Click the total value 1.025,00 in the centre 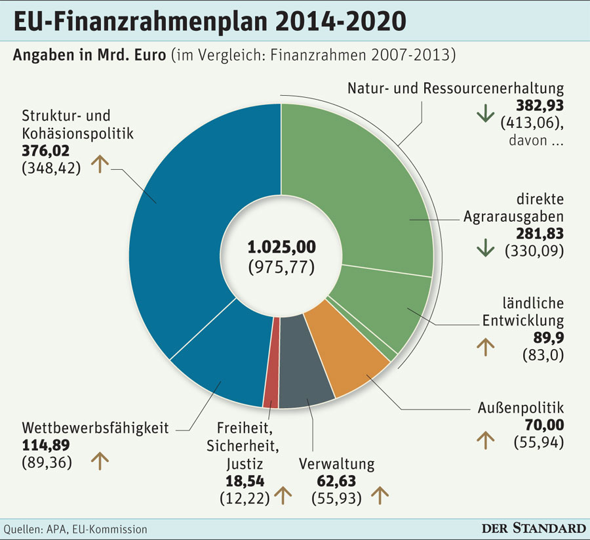[x=281, y=247]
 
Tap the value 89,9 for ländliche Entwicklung [x=549, y=338]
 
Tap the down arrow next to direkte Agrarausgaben [x=485, y=248]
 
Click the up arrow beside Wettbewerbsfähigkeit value [x=99, y=462]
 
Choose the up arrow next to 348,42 [x=99, y=164]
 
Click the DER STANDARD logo [x=534, y=528]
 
